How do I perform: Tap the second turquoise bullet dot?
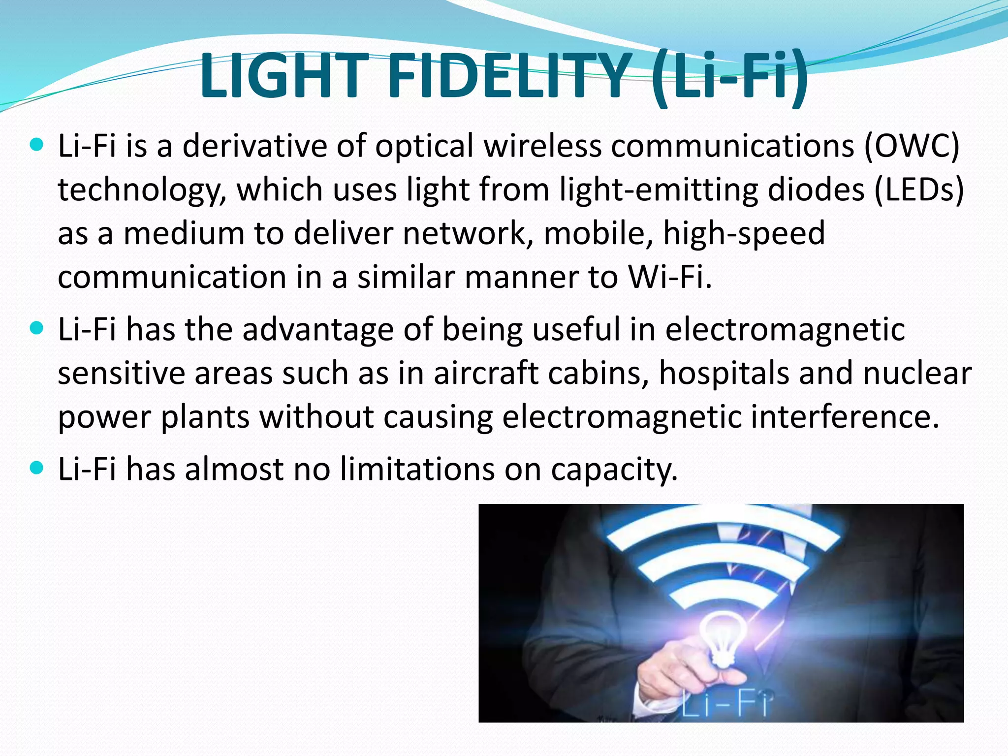coord(36,328)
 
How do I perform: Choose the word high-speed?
coord(744,233)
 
